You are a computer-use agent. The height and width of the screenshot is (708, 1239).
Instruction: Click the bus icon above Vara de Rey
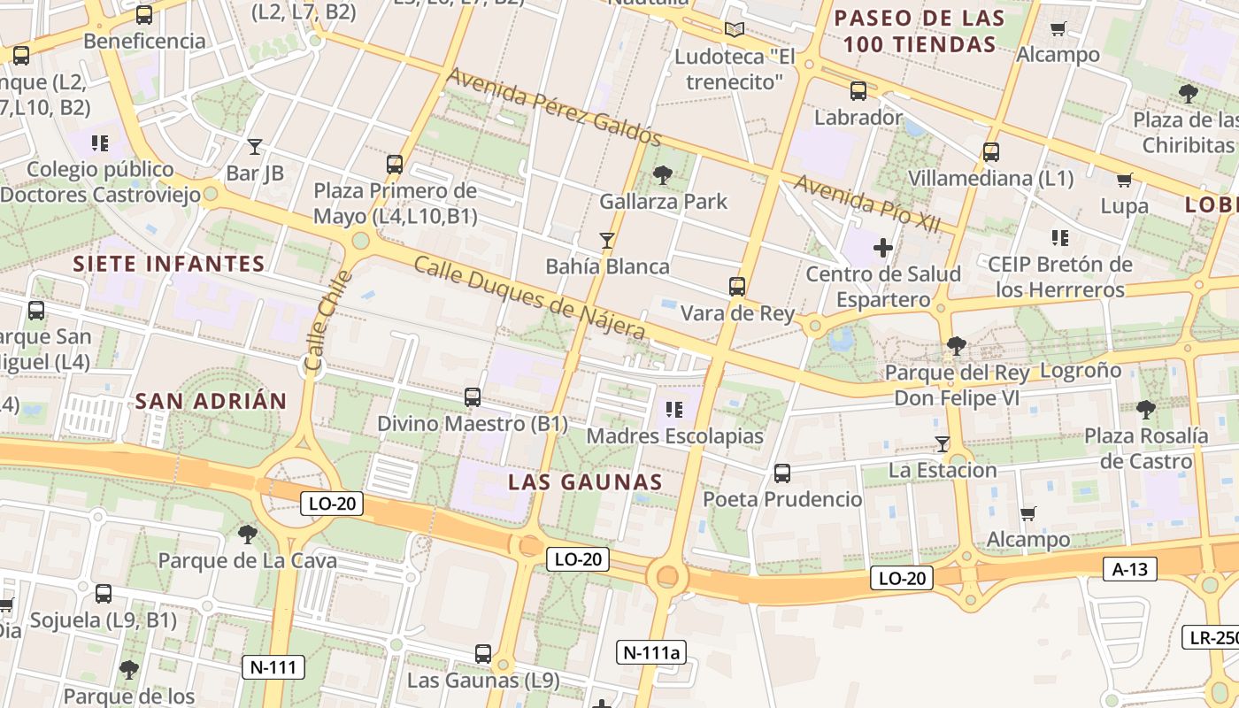pos(736,287)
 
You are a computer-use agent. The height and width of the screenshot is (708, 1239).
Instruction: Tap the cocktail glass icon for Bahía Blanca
pos(606,240)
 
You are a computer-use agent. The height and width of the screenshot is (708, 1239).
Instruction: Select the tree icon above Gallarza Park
pos(662,175)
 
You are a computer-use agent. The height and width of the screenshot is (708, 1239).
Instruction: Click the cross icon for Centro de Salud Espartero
pos(882,248)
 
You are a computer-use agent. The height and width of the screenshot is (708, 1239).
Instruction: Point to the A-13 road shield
pos(1130,569)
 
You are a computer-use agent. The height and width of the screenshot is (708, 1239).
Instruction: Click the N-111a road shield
pos(650,653)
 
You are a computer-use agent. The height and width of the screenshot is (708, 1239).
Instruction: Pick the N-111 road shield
pos(273,667)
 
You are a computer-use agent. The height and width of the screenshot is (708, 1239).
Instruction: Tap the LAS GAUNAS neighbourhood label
pos(585,482)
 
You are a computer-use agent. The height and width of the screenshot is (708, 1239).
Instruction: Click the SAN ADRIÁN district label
pos(211,401)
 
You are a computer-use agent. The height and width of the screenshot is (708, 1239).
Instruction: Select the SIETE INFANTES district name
pos(169,264)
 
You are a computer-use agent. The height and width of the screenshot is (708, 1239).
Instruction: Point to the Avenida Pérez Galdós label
pos(554,107)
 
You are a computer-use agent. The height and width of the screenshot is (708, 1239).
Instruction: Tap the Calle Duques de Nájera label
pos(529,297)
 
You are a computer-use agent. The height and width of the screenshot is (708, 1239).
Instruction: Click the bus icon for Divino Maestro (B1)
pos(473,397)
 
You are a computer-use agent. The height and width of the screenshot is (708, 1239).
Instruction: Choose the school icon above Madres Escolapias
pos(674,410)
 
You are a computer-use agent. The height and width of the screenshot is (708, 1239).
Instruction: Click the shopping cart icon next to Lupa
pos(1124,181)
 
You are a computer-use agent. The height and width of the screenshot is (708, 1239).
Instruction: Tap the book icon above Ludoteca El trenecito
pos(734,29)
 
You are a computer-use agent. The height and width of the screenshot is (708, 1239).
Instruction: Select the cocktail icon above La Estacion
pos(943,443)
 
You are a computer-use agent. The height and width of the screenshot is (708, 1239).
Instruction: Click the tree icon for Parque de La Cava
pos(247,534)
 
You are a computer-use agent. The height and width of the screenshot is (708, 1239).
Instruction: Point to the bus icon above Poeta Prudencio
pos(781,473)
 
